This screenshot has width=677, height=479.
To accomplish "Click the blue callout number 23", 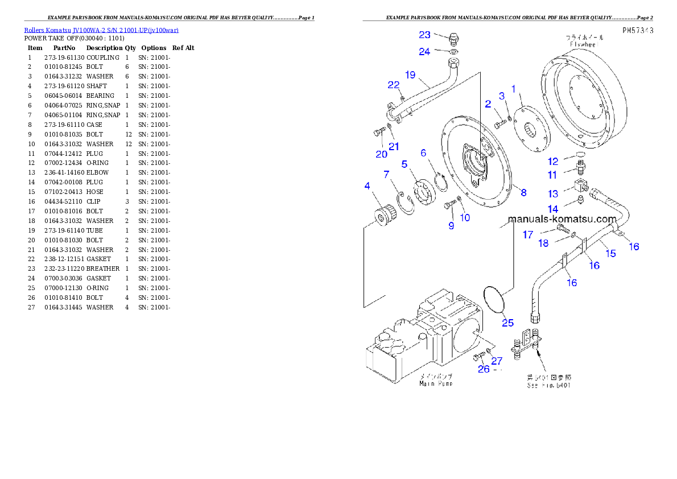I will click(x=425, y=35).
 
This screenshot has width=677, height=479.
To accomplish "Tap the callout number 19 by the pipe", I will click(x=410, y=74).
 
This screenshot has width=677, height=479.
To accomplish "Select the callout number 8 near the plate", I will click(x=523, y=192).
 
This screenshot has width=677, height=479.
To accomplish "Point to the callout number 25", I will click(x=507, y=323).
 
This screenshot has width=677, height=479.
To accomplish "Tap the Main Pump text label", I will click(x=436, y=383).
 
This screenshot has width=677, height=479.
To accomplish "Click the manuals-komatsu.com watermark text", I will click(x=562, y=219).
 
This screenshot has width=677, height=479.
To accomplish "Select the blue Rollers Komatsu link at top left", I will click(x=101, y=30).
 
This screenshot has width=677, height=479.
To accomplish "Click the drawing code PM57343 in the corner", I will click(x=637, y=30).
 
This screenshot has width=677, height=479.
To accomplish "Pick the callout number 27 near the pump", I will click(x=497, y=361).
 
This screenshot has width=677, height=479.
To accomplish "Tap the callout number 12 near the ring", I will click(x=553, y=162).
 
